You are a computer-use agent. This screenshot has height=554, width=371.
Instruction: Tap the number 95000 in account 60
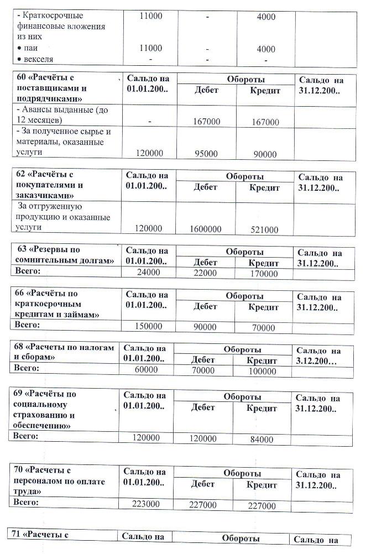(205, 154)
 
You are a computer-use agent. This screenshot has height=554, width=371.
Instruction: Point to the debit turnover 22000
(205, 273)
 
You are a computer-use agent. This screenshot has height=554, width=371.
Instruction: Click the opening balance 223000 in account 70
(146, 504)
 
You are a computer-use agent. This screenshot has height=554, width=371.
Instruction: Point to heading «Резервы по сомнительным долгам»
(65, 256)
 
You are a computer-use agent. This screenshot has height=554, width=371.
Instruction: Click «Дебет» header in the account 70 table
(202, 484)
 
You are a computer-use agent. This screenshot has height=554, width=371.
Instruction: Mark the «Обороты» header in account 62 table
(244, 176)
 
